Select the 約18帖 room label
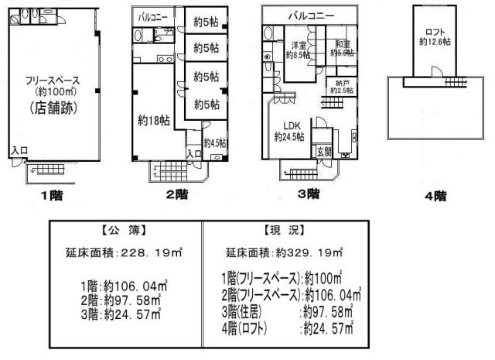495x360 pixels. [x=153, y=120]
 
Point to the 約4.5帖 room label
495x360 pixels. [x=215, y=142]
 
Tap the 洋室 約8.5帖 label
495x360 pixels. [x=297, y=50]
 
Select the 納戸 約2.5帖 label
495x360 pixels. [x=341, y=86]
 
